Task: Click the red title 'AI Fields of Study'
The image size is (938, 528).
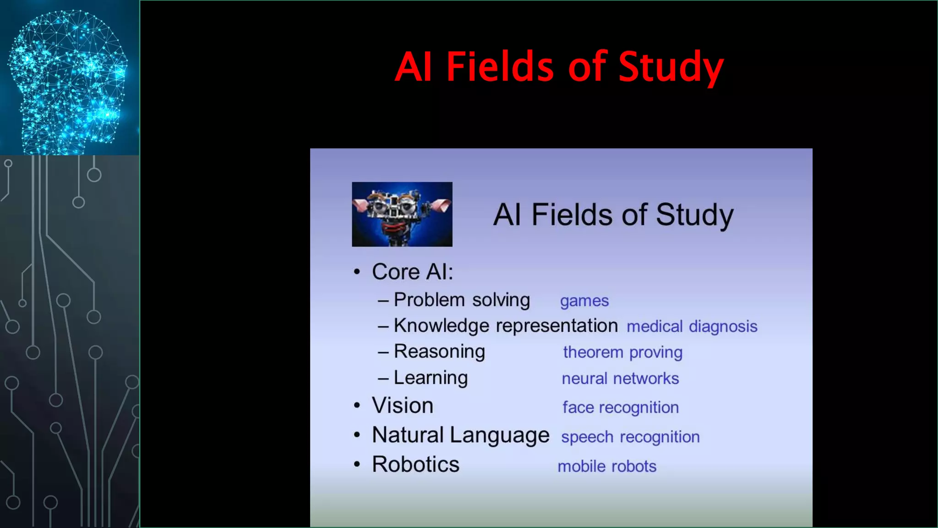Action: (x=559, y=67)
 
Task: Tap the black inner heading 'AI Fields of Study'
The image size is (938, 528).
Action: (x=613, y=214)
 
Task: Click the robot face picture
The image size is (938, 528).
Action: (x=402, y=214)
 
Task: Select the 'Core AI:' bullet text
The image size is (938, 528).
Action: (x=412, y=272)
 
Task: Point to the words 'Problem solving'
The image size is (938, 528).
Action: (x=462, y=300)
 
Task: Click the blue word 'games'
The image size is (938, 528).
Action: (x=584, y=301)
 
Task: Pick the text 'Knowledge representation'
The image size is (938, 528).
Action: (x=506, y=326)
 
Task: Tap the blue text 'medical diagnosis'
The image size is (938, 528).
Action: (x=692, y=327)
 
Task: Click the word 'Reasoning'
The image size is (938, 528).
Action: (x=439, y=352)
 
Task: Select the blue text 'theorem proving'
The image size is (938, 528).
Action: (x=622, y=352)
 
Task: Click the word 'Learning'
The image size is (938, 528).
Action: (x=431, y=378)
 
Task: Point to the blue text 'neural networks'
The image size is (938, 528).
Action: (x=620, y=379)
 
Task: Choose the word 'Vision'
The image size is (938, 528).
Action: (x=402, y=406)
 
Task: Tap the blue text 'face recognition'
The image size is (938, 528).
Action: (x=620, y=407)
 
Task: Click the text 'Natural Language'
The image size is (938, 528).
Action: (x=460, y=435)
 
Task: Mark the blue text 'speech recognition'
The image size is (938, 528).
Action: (x=630, y=437)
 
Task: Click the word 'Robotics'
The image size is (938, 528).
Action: (x=415, y=464)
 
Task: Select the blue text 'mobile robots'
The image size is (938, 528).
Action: (x=607, y=467)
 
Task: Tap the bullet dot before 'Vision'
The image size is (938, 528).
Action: (x=357, y=406)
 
